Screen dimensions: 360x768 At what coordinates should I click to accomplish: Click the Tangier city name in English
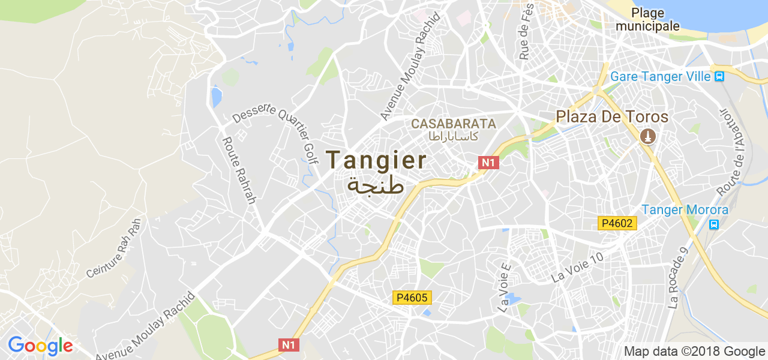tap(376, 160)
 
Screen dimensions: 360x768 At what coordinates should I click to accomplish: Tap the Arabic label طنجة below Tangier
tap(376, 185)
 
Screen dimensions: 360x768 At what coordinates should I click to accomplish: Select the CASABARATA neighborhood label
tap(454, 124)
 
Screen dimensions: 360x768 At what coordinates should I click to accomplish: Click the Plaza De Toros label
tap(612, 116)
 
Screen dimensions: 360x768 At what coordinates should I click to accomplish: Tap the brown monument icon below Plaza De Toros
tap(647, 137)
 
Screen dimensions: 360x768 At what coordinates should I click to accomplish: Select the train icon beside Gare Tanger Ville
tap(719, 77)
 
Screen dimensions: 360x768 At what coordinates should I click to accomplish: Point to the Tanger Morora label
tap(685, 210)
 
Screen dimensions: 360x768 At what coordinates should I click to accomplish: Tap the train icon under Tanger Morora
tap(714, 224)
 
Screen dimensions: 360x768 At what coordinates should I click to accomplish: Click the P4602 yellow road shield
tap(617, 223)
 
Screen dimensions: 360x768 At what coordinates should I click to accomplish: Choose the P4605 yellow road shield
tap(412, 297)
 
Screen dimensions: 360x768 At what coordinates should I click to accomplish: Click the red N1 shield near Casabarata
tap(488, 162)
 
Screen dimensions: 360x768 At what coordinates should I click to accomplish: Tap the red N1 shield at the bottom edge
tap(289, 344)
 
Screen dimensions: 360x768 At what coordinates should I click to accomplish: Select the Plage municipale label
tap(647, 20)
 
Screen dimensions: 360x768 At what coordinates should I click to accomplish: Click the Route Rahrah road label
tap(239, 170)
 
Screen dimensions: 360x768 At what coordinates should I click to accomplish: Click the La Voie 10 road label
tap(577, 267)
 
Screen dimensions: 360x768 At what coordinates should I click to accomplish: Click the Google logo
tap(40, 346)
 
